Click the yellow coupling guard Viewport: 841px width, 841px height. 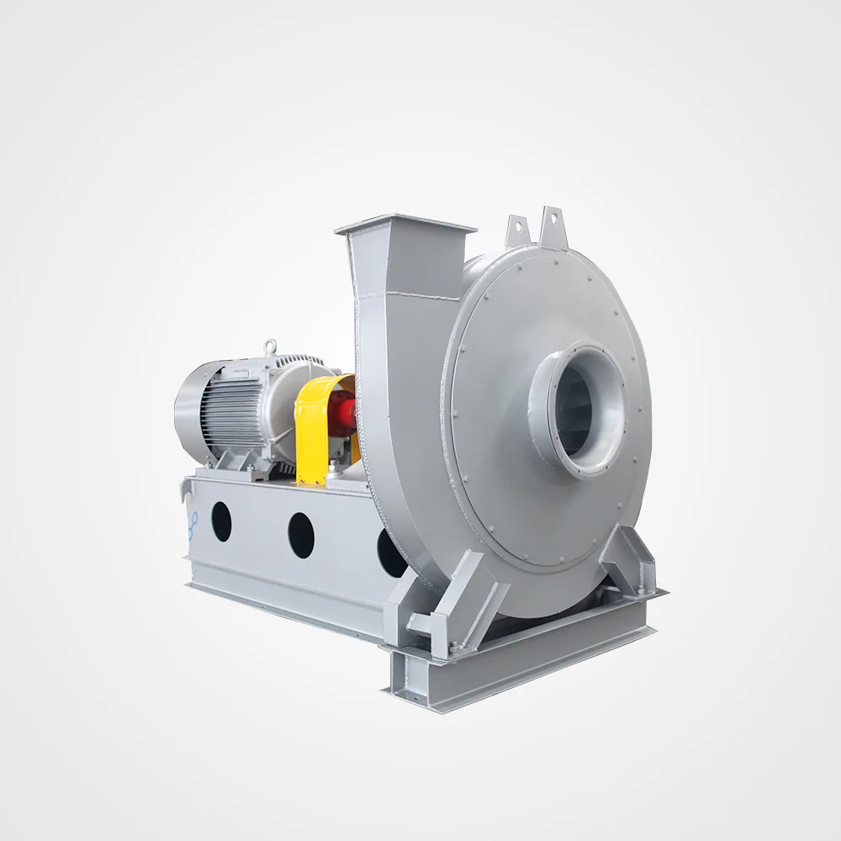313,429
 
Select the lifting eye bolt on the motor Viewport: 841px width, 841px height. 269,346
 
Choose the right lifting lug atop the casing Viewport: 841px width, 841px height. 553,220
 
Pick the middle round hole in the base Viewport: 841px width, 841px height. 301,535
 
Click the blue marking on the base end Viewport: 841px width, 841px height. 193,526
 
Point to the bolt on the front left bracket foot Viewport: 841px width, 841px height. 454,648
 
